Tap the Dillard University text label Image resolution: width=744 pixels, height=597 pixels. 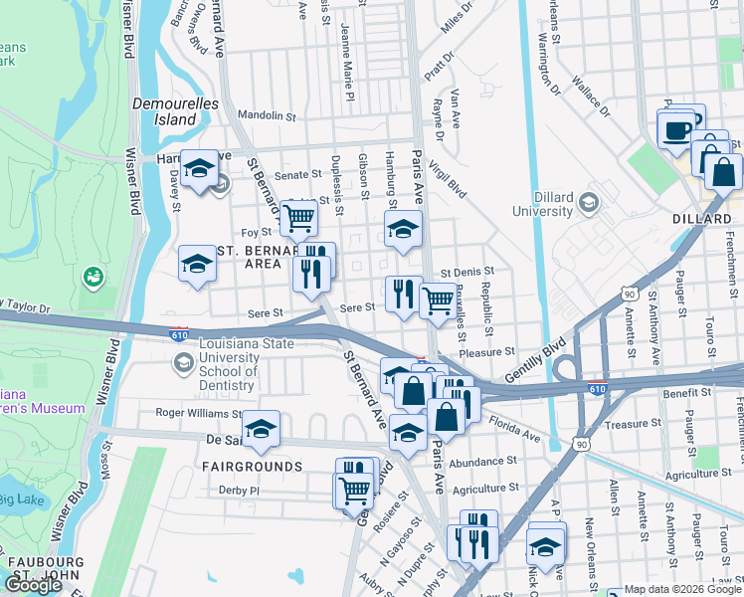click(542, 203)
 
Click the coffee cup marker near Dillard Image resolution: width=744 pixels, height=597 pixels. click(675, 129)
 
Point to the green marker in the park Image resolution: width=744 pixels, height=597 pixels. click(94, 274)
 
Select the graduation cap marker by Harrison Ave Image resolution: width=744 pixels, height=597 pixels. click(199, 169)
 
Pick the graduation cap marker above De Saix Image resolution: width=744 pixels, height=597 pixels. click(261, 428)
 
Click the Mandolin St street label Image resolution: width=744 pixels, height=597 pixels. click(266, 116)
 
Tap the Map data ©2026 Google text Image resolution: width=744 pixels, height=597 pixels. click(674, 589)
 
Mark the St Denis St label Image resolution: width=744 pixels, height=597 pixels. click(466, 271)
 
